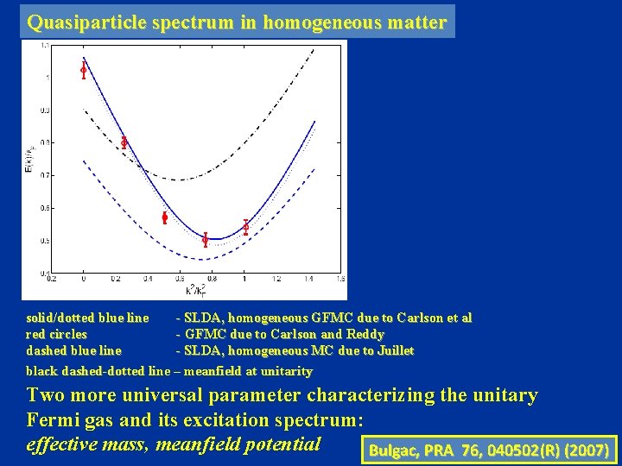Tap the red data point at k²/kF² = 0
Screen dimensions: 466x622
click(83, 70)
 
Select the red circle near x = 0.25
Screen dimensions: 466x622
click(124, 142)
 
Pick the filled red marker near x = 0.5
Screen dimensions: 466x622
click(164, 217)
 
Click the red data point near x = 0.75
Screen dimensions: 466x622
click(205, 240)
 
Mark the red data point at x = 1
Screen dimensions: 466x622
click(245, 227)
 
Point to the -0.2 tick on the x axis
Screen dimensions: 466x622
click(51, 280)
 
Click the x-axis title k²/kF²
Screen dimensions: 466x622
click(197, 291)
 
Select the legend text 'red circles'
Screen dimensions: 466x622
click(57, 334)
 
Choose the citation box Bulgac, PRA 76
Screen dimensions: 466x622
click(489, 450)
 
